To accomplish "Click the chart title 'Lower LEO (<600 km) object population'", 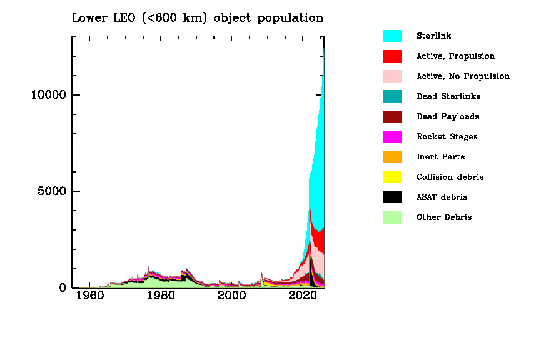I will (198, 18).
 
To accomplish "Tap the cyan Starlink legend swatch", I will (392, 36).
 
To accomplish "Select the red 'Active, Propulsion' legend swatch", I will (392, 56).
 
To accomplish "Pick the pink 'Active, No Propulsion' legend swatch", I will (392, 76).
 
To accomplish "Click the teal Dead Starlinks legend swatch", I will (392, 96).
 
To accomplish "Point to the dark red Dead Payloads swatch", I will (392, 116).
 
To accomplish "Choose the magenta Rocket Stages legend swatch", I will (392, 137).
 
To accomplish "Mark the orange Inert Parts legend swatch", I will (392, 157).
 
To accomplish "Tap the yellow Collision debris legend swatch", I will (392, 177).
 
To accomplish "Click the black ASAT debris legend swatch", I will (392, 197).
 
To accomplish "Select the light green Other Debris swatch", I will (392, 217).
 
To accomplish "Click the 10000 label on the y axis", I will (48, 95).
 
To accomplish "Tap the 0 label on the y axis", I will (62, 288).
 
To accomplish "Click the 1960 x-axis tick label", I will (89, 296).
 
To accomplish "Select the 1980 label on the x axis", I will (161, 296).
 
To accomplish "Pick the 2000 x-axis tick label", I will (233, 296).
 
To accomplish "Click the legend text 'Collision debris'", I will (450, 177).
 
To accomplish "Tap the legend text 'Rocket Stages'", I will (447, 137).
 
